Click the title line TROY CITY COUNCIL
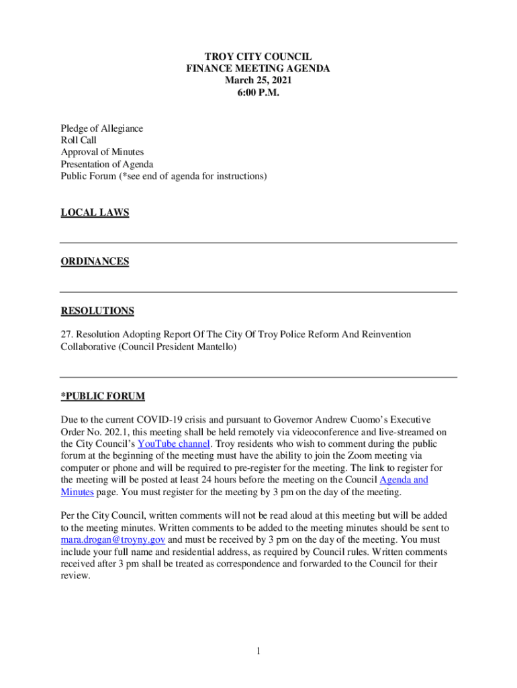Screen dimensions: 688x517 click(x=258, y=57)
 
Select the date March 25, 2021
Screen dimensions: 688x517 click(x=258, y=81)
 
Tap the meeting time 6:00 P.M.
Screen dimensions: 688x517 click(x=258, y=93)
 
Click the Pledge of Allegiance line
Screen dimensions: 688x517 click(x=102, y=128)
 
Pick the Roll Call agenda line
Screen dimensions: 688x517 click(x=79, y=140)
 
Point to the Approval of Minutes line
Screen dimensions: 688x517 click(x=102, y=153)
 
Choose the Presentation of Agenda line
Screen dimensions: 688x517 click(x=107, y=165)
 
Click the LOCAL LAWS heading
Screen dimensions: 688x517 click(x=95, y=213)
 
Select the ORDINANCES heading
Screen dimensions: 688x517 click(x=95, y=261)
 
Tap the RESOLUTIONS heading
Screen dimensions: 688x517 click(x=97, y=310)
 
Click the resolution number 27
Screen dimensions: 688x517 click(x=66, y=334)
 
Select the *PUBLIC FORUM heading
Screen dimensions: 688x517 click(x=103, y=396)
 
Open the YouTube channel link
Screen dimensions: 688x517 click(x=175, y=444)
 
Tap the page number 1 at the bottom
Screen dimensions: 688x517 click(x=258, y=651)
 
